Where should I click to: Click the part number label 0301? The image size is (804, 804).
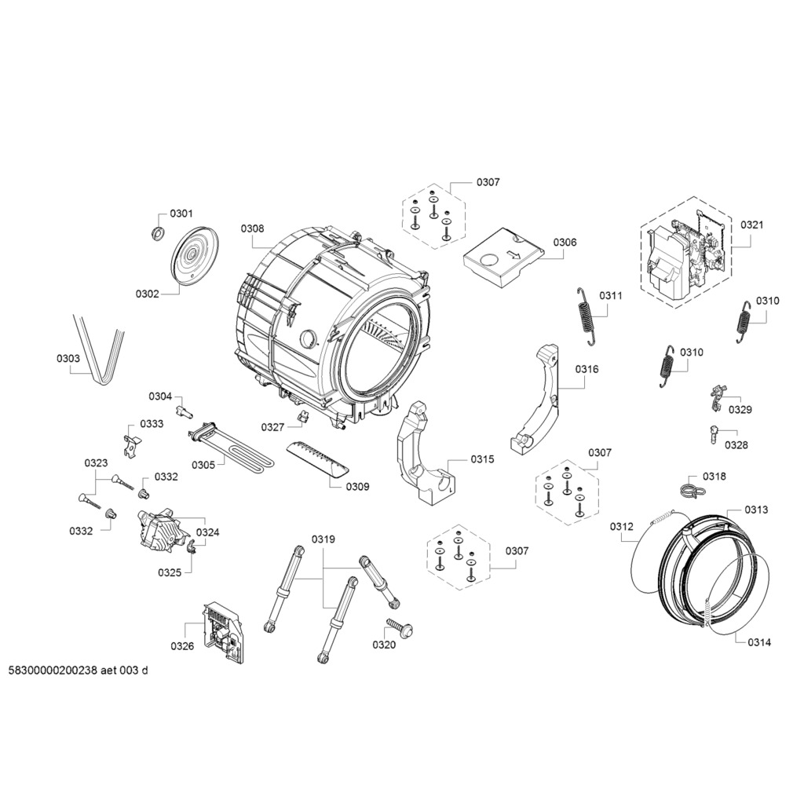[x=181, y=214]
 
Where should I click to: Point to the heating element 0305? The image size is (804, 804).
[x=231, y=444]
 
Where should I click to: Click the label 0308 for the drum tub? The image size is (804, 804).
[x=252, y=228]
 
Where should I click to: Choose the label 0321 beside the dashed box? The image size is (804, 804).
[x=751, y=225]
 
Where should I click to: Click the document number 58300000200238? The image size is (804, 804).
[x=53, y=671]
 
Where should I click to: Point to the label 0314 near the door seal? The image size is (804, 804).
[x=759, y=642]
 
